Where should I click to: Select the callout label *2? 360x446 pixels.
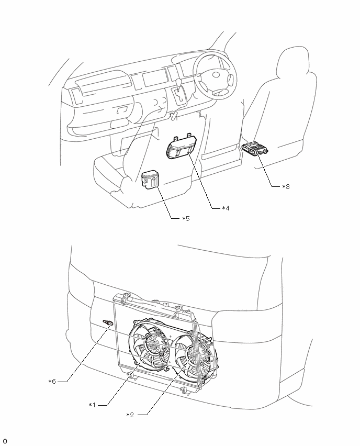[x=130, y=415]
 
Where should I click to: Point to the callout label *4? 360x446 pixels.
[x=226, y=208]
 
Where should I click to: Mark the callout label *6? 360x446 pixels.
[x=52, y=381]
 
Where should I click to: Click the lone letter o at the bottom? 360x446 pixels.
[x=5, y=441]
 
